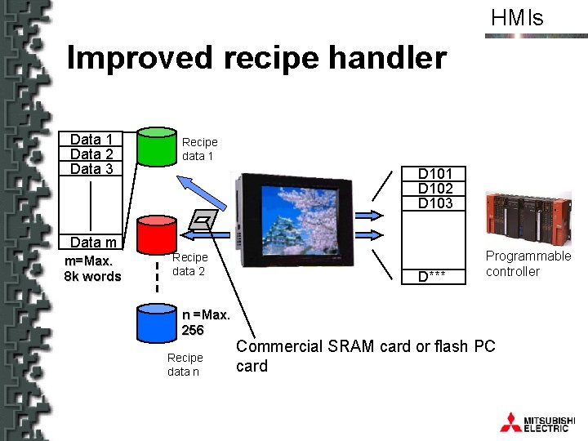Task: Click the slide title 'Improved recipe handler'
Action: pos(256,58)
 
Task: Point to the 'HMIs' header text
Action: pos(516,18)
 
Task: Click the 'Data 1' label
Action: pos(91,140)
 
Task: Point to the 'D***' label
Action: pos(432,276)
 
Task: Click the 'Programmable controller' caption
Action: pos(528,264)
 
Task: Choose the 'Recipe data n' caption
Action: pos(185,364)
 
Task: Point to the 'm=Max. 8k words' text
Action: pos(92,268)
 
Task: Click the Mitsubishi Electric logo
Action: pos(535,421)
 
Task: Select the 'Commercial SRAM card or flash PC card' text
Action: pos(365,355)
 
